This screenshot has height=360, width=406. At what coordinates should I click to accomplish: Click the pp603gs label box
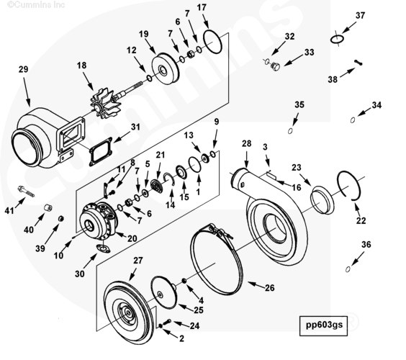tap(323, 325)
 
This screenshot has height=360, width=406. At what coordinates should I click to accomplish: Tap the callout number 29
tap(23, 69)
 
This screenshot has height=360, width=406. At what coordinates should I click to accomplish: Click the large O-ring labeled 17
tap(213, 42)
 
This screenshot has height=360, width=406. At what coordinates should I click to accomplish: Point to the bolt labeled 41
tap(26, 192)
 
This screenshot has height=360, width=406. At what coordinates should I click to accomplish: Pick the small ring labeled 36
tap(348, 269)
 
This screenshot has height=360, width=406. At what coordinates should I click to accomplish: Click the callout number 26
tap(269, 288)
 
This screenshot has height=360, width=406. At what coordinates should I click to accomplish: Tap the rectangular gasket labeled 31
tap(101, 151)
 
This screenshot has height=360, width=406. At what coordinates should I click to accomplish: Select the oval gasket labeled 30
tap(103, 248)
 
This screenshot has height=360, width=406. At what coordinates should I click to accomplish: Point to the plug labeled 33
tap(275, 66)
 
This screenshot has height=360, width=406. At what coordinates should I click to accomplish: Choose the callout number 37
tap(360, 16)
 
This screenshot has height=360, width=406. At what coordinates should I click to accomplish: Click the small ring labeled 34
tap(353, 120)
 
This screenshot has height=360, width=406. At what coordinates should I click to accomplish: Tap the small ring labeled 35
tap(290, 131)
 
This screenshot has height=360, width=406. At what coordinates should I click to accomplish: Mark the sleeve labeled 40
tap(48, 207)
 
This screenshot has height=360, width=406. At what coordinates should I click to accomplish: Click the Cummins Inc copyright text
tap(36, 4)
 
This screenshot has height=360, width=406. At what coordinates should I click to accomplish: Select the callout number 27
tap(138, 261)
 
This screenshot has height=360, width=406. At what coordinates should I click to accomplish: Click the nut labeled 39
tap(61, 219)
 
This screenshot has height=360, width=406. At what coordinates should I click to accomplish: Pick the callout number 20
tap(132, 238)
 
